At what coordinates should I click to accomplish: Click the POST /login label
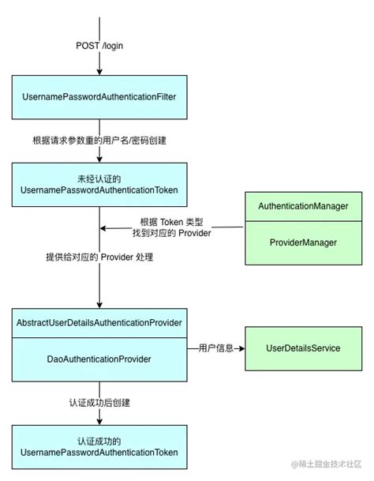(x=99, y=46)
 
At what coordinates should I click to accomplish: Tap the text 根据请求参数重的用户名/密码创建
(x=99, y=141)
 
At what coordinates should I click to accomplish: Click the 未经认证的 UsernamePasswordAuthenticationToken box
(x=99, y=185)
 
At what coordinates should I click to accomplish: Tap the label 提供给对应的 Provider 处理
(x=99, y=258)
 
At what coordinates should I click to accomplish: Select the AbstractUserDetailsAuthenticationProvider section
(x=99, y=324)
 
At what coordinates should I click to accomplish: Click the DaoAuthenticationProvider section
(x=99, y=359)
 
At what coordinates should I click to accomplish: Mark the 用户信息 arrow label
(x=214, y=348)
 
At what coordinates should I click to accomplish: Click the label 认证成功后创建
(x=99, y=403)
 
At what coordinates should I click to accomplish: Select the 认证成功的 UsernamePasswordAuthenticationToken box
(x=99, y=447)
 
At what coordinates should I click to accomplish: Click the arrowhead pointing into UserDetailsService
(x=240, y=348)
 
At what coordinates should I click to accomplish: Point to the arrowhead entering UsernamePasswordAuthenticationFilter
(x=99, y=71)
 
